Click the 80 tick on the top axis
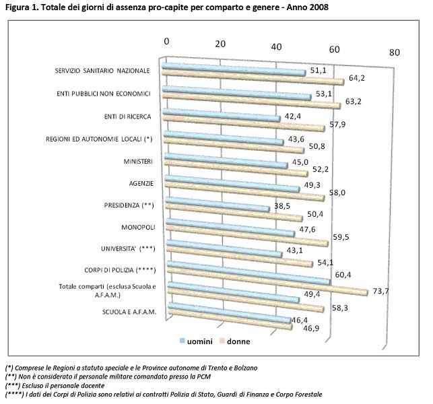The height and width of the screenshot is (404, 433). point(395,52)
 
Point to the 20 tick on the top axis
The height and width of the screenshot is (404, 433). point(220,42)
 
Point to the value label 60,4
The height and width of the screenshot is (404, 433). point(344,274)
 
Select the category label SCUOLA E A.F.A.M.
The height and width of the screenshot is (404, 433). point(130,312)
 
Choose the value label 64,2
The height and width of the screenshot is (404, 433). point(354,78)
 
